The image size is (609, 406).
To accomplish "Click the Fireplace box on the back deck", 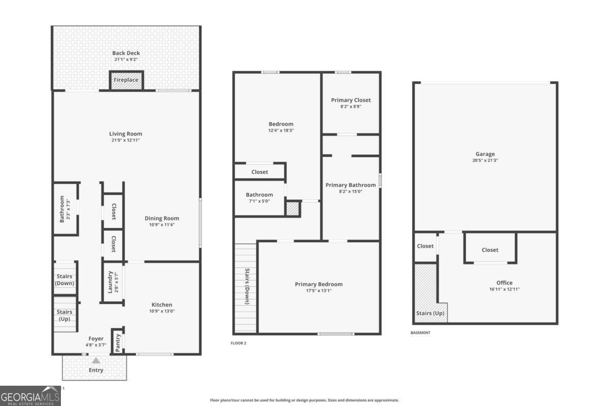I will (x=126, y=81).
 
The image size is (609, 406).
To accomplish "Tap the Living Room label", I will (x=125, y=134).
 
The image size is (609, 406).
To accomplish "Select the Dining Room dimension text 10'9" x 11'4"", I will (x=164, y=225).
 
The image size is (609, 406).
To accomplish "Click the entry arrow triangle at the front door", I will (x=96, y=360).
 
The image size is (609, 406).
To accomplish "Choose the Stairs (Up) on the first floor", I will (x=64, y=315).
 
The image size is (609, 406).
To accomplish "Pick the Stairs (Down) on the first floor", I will (x=64, y=280).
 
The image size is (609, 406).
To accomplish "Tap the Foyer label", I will (x=96, y=339).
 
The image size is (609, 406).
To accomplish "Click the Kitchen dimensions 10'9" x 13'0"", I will (x=162, y=311).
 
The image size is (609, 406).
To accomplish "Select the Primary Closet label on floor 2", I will (x=351, y=100).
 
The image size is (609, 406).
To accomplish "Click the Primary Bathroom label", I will (x=351, y=185).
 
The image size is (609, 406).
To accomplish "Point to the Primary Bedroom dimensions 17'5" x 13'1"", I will (x=319, y=291).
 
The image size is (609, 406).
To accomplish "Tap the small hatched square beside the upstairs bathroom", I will (x=293, y=209).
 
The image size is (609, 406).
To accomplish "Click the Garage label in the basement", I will (x=485, y=154).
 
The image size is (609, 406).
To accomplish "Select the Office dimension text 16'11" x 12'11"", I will (x=504, y=289).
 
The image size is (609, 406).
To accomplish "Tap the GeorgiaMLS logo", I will (x=30, y=396).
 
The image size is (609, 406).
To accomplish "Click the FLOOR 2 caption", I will (x=239, y=344).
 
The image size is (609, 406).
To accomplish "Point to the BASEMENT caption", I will (x=420, y=333).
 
